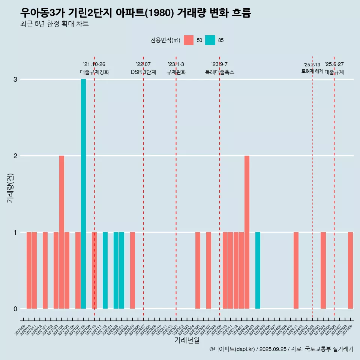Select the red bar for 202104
tap(61, 232)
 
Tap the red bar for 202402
tap(247, 232)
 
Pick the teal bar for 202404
tap(258, 270)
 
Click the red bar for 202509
tap(350, 270)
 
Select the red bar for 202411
tap(296, 270)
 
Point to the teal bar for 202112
tap(105, 270)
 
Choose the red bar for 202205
tap(132, 270)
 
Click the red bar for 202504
tap(323, 270)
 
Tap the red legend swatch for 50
tap(189, 40)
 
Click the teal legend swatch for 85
tap(210, 40)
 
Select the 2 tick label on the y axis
tap(15, 156)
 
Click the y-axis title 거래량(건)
tap(10, 187)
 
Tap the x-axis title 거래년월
tap(187, 340)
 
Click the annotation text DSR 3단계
tap(143, 72)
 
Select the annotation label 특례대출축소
tap(219, 72)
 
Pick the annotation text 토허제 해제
tap(312, 71)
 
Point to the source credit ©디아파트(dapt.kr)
tap(232, 349)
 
